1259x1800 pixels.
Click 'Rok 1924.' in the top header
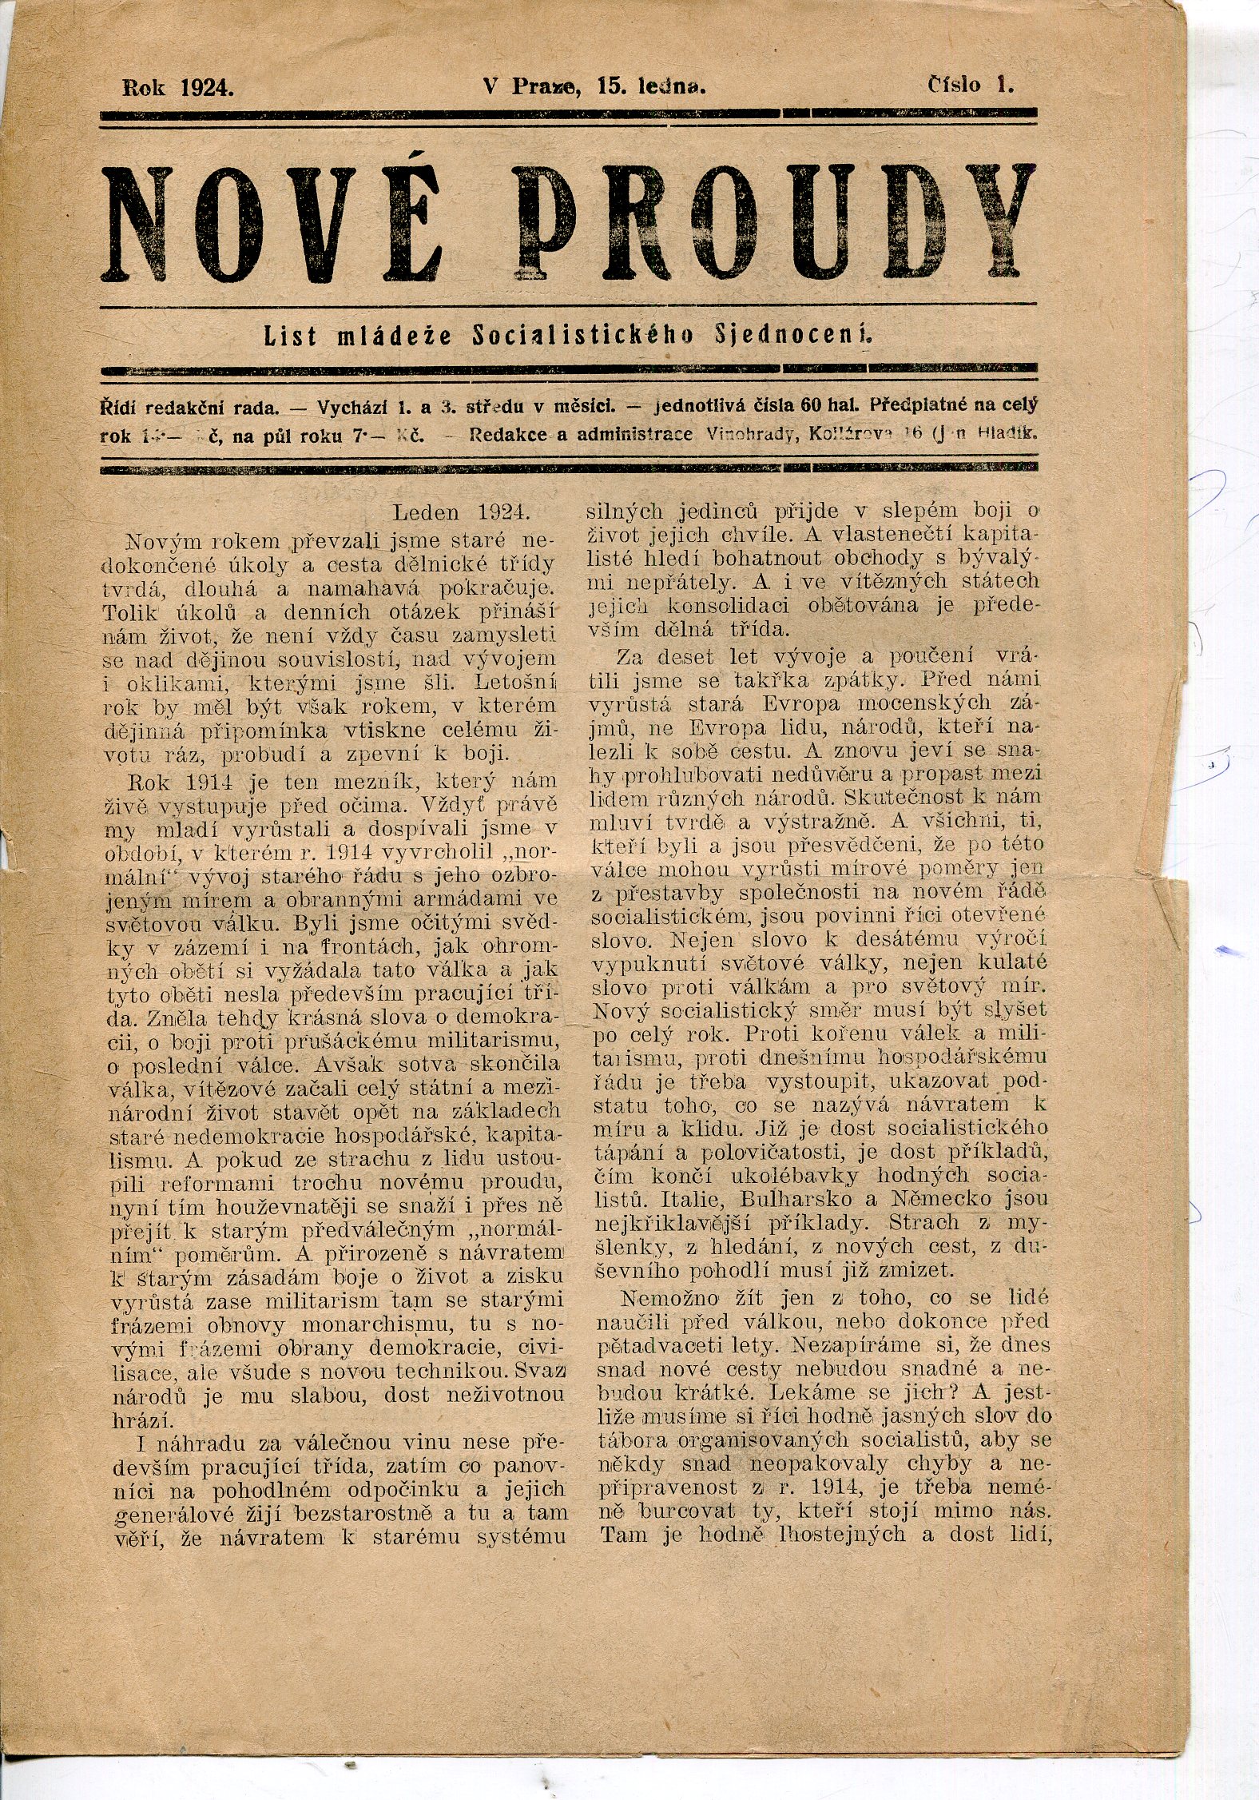point(177,87)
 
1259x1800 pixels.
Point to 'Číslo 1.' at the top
point(970,85)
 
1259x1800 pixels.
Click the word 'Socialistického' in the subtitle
point(583,337)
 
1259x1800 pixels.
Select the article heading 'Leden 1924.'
point(463,511)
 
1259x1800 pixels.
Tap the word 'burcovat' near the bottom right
point(688,1511)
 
